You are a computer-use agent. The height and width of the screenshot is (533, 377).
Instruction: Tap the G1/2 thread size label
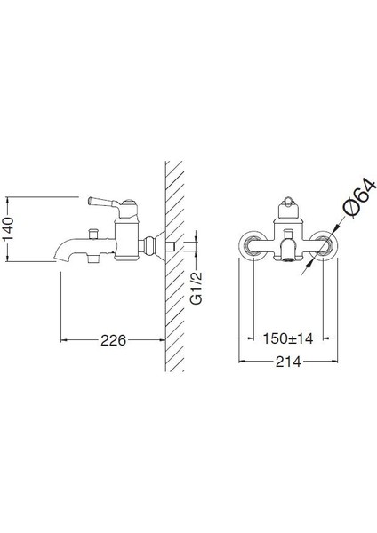click(x=200, y=286)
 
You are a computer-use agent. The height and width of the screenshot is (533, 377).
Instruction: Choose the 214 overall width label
click(x=289, y=362)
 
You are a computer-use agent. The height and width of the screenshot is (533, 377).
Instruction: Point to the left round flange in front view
click(x=253, y=246)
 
